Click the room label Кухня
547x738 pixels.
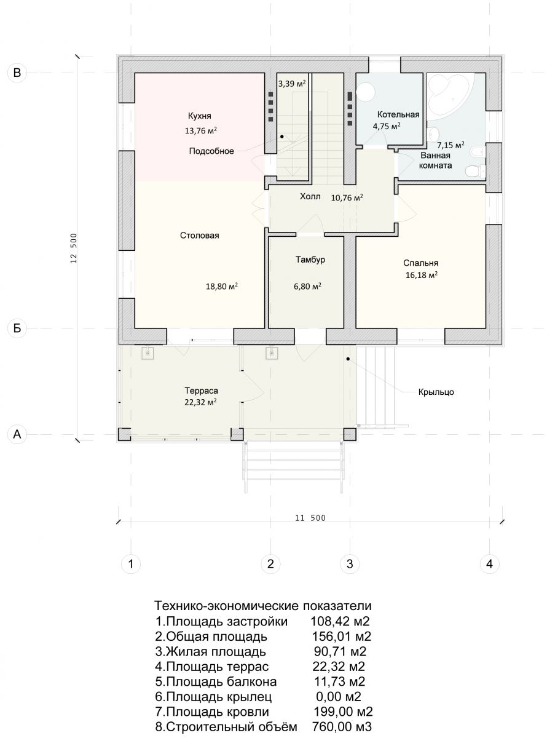200,116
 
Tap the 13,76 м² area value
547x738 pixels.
201,130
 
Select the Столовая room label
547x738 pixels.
200,236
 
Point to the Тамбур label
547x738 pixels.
310,260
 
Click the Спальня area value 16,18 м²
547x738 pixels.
421,275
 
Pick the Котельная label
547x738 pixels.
398,115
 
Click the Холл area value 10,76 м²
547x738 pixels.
347,197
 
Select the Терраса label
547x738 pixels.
201,391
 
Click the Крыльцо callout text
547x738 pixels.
436,392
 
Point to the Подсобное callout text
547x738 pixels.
211,151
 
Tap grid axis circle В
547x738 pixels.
17,73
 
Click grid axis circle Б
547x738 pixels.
17,328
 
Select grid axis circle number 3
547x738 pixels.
350,564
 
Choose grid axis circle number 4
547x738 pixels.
489,564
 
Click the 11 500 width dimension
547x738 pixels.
310,518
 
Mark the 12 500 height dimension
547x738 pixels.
74,248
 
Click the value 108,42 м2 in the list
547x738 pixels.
340,621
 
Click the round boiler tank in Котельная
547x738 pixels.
366,92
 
